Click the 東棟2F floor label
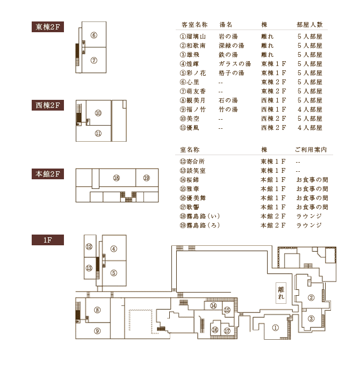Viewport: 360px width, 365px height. (x=48, y=27)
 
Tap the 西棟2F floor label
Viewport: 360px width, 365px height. (x=48, y=105)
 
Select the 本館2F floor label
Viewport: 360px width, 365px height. (x=48, y=174)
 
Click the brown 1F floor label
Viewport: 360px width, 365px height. (x=48, y=240)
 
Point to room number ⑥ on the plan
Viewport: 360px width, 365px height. (x=94, y=35)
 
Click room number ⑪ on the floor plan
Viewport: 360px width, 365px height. (x=98, y=134)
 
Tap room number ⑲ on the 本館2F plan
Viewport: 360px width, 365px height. (x=146, y=178)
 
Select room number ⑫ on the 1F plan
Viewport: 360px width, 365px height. (x=89, y=246)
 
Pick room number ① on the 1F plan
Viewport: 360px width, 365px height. (x=276, y=328)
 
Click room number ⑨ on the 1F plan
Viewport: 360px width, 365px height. (x=97, y=331)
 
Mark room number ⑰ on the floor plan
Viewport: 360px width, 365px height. (x=227, y=331)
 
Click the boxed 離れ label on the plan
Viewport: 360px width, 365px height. (x=281, y=293)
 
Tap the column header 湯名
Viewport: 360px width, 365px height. (x=226, y=25)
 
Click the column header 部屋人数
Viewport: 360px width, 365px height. (x=309, y=25)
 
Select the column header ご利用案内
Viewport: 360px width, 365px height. (x=311, y=150)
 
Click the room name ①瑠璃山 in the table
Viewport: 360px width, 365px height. (x=193, y=36)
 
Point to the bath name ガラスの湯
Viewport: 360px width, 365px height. (x=235, y=64)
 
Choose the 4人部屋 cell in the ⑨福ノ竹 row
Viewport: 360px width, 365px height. (x=310, y=109)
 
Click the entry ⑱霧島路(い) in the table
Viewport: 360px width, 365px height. (x=200, y=216)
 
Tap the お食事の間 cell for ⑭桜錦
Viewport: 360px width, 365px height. (x=312, y=180)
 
